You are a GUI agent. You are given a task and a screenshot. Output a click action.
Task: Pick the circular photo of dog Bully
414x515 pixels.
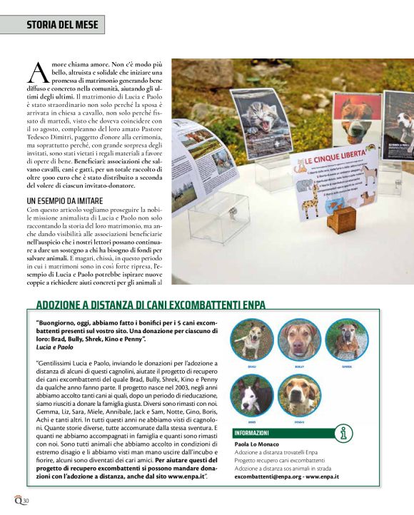(x=298, y=340)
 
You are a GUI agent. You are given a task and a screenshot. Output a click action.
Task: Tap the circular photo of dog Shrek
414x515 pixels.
(x=347, y=340)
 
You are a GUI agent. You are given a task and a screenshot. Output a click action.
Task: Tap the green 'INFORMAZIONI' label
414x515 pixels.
(x=251, y=432)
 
